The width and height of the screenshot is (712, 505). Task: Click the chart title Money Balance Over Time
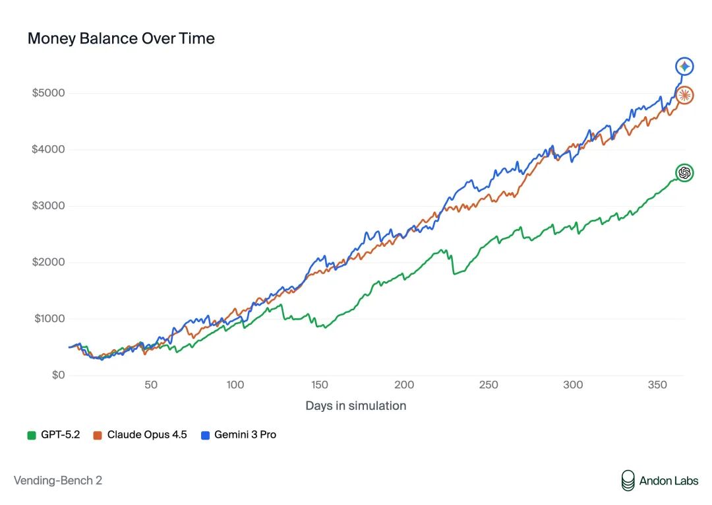click(121, 39)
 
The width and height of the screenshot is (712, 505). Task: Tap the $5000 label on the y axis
click(49, 93)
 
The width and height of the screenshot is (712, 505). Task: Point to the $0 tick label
click(59, 375)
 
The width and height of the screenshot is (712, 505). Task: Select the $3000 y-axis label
click(49, 206)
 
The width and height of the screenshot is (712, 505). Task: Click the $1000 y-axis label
click(49, 319)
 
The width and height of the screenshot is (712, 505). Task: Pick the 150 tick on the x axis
click(320, 385)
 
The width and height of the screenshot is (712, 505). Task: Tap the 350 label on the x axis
click(657, 385)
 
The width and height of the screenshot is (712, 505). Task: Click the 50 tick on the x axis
click(151, 385)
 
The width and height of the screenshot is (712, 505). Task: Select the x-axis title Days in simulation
click(356, 406)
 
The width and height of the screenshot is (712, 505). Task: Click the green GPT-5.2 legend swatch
click(32, 436)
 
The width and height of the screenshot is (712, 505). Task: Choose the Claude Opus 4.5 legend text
click(147, 435)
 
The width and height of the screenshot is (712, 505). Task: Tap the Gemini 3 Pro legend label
click(245, 435)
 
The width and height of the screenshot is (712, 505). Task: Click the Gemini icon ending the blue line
click(684, 67)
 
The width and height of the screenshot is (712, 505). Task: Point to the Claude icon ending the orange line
click(684, 96)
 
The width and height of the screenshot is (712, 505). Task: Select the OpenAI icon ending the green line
click(684, 173)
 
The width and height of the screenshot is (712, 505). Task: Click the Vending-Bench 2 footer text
click(57, 481)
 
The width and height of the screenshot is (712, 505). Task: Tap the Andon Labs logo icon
click(628, 481)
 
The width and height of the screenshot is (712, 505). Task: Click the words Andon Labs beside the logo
click(669, 481)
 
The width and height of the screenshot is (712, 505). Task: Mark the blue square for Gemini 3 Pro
click(205, 436)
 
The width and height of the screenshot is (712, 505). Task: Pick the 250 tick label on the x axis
click(489, 385)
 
